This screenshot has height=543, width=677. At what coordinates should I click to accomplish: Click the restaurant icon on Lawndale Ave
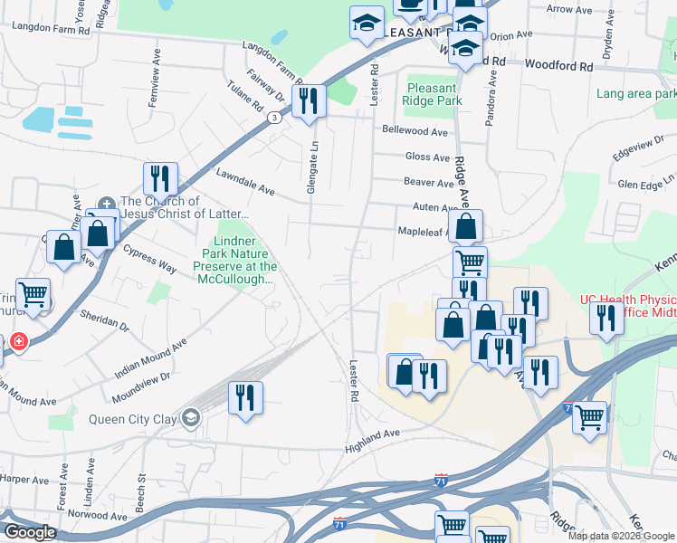click(160, 178)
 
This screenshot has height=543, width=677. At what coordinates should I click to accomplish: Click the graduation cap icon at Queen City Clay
click(190, 418)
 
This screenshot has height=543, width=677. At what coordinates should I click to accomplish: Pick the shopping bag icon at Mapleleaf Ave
click(465, 226)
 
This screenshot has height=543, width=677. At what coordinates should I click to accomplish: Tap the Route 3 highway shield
click(273, 118)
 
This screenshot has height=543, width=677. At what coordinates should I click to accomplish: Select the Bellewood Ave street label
click(415, 131)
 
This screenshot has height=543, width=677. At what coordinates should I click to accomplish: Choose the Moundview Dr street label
click(140, 389)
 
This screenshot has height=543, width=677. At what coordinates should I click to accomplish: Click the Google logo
click(30, 532)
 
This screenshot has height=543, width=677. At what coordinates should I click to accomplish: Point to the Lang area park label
click(635, 93)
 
